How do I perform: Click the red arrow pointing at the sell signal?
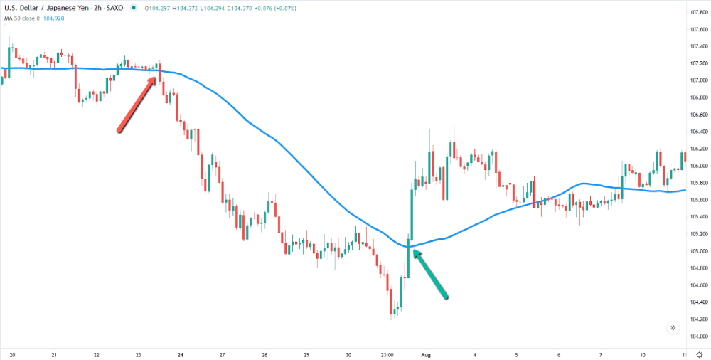137,104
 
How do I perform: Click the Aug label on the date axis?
427,354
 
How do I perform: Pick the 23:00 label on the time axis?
388,354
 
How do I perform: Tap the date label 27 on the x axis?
223,354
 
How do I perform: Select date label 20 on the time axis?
12,354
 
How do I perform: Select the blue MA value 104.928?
54,18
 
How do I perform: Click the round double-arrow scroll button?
673,328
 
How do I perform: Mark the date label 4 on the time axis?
474,354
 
